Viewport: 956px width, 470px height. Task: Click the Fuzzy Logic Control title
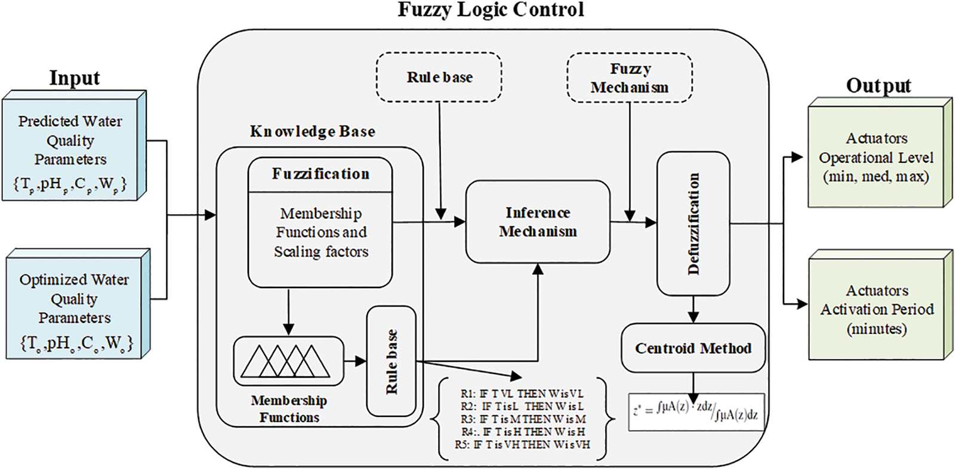pos(491,10)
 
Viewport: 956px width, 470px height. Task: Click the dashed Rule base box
pos(439,78)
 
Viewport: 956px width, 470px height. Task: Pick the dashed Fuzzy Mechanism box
pos(630,78)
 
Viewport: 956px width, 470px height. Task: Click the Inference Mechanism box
pos(538,222)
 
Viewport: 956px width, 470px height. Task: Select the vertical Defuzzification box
pos(693,223)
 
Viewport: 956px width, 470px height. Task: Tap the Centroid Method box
pos(693,348)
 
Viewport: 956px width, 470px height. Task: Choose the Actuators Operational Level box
pos(877,157)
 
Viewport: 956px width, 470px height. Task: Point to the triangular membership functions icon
pos(289,361)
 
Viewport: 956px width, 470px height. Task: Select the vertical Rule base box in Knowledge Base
pos(391,361)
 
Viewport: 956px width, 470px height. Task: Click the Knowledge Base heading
pos(313,132)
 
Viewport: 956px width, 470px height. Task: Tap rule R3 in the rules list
pos(523,419)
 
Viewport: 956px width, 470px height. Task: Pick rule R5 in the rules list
pos(523,444)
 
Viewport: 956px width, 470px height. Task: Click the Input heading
pos(74,78)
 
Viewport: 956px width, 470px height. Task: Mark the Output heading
pos(878,86)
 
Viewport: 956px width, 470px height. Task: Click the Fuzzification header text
pos(320,174)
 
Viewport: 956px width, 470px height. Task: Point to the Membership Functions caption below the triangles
pos(289,409)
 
